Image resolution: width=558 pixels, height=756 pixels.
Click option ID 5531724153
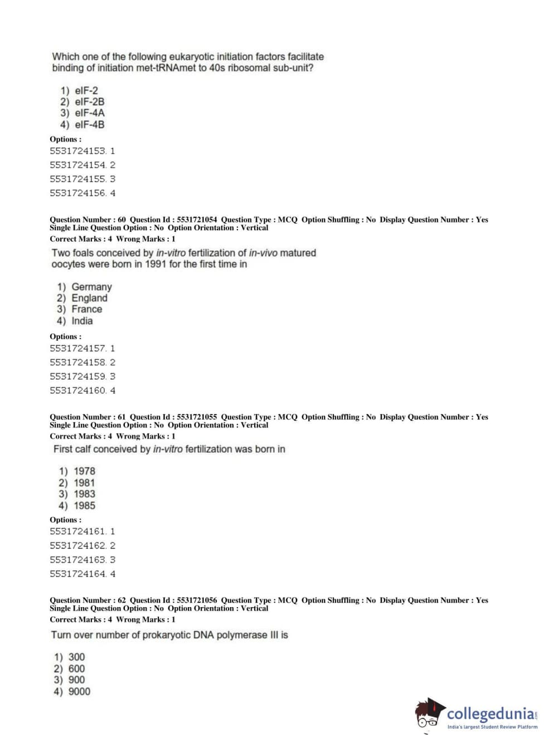click(x=77, y=151)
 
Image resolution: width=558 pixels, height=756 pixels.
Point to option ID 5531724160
click(x=77, y=391)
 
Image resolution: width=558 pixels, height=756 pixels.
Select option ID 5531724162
click(x=77, y=546)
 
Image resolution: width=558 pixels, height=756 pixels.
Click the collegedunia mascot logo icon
click(x=429, y=714)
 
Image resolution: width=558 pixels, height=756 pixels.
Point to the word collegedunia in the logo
click(x=490, y=714)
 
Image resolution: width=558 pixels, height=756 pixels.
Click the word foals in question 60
click(x=83, y=253)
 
